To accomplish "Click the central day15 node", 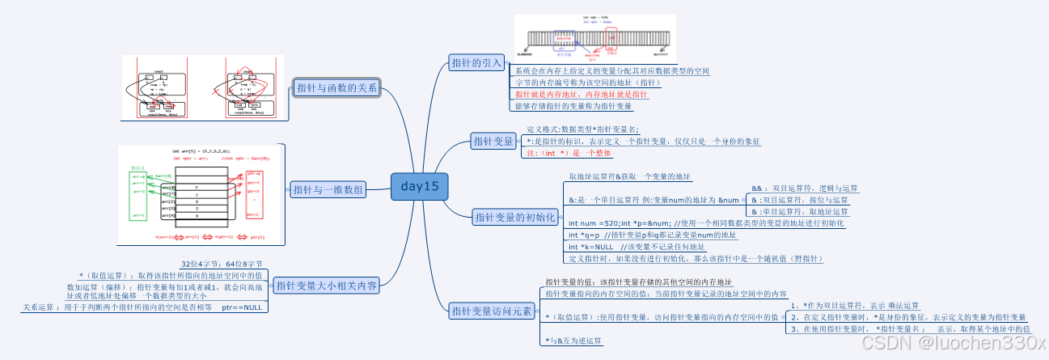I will coord(419,187).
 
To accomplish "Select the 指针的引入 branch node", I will coord(477,62).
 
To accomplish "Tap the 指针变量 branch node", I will coord(493,142).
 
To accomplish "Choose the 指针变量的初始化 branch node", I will coord(514,217).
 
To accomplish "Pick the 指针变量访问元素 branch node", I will coord(491,311).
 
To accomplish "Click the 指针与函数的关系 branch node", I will coord(336,88).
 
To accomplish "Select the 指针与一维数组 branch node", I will coord(328,189).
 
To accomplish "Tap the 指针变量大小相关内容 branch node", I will coord(325,285).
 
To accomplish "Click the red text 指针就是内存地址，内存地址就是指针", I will coord(576,94).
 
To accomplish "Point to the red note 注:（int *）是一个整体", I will coord(569,153).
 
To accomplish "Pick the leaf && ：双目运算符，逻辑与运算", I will coord(805,188).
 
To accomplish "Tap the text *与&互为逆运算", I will coord(573,341).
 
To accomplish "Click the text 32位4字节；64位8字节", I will coord(222,264).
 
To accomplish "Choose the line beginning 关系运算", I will coord(142,307).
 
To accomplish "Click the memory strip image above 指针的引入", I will coord(595,39).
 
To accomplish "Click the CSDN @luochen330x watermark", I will coord(954,344).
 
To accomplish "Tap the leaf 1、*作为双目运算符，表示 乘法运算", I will coord(855,305).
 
